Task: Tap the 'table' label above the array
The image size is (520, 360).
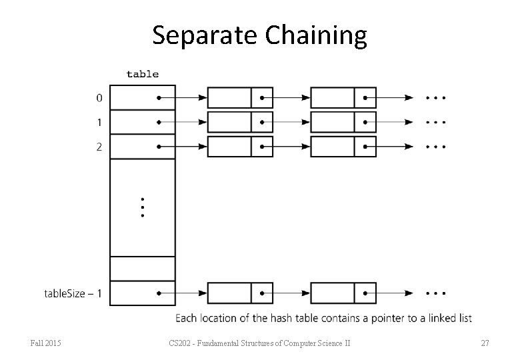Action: pyautogui.click(x=143, y=74)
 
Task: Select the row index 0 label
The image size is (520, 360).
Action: pyautogui.click(x=99, y=98)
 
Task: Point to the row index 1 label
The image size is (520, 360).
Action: pyautogui.click(x=99, y=123)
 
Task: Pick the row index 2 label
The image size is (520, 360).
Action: pyautogui.click(x=99, y=147)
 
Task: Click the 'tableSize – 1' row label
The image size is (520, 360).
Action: pyautogui.click(x=73, y=293)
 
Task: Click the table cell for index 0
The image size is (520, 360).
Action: pyautogui.click(x=142, y=98)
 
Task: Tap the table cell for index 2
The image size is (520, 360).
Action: pyautogui.click(x=142, y=147)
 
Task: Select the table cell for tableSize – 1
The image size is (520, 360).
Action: pyautogui.click(x=142, y=293)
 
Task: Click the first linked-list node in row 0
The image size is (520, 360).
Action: pyautogui.click(x=240, y=98)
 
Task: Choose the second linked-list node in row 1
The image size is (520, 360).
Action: pyautogui.click(x=343, y=123)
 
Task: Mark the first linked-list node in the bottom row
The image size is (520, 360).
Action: pyautogui.click(x=240, y=293)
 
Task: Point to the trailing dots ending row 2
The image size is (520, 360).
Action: pyautogui.click(x=435, y=147)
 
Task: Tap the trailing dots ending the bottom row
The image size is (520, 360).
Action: pyautogui.click(x=435, y=293)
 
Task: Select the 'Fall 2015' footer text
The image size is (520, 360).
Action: pyautogui.click(x=46, y=343)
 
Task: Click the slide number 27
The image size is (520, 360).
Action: pyautogui.click(x=485, y=343)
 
